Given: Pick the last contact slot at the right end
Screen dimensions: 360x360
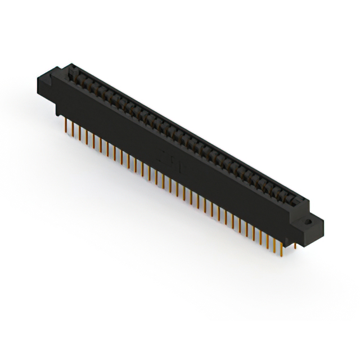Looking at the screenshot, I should pyautogui.click(x=291, y=198).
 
